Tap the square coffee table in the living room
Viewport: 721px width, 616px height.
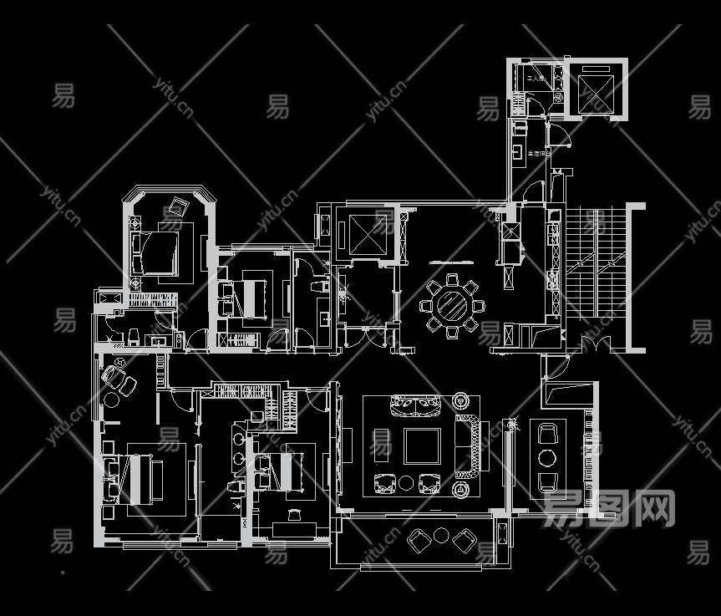422,445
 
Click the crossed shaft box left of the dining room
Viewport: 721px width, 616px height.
364,234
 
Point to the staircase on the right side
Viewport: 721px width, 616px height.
595,259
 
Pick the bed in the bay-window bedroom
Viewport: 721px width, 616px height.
155,253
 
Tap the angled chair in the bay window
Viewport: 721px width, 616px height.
178,206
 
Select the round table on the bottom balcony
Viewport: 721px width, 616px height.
440,536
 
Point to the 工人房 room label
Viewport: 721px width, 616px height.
536,79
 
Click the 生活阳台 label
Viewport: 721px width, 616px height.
536,154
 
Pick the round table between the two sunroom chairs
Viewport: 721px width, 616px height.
547,457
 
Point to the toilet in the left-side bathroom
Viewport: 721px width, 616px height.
132,337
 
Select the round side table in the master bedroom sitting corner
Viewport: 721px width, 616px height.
111,399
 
